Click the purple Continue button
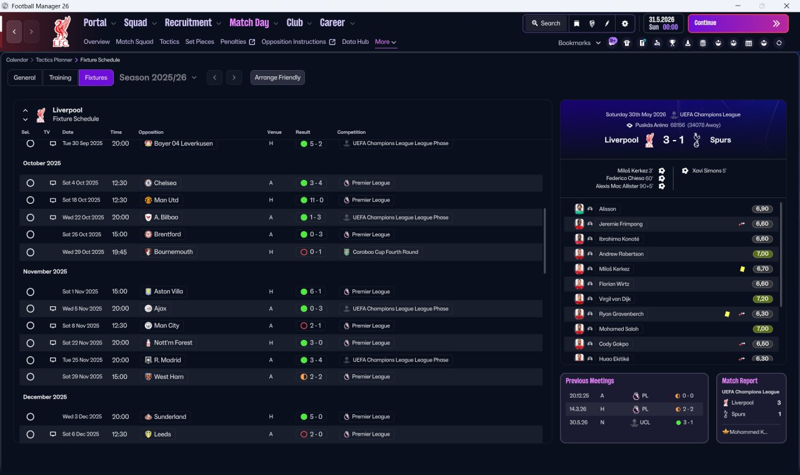tap(738, 23)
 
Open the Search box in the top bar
tap(546, 23)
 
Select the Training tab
tap(60, 77)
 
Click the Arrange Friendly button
tap(277, 77)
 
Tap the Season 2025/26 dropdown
tap(158, 77)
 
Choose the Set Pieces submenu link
tap(199, 42)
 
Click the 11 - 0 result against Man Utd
tap(316, 200)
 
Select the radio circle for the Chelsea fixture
tap(31, 183)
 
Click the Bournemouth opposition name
tap(173, 252)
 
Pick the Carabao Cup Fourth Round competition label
tap(386, 252)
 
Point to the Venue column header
tap(274, 132)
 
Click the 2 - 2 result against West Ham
tap(316, 377)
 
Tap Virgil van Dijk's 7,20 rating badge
tap(762, 299)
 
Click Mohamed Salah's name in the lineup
tap(619, 329)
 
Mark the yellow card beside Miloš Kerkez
tap(742, 269)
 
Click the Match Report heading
tap(739, 381)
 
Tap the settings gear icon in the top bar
tap(624, 24)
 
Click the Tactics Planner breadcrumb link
tap(54, 60)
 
